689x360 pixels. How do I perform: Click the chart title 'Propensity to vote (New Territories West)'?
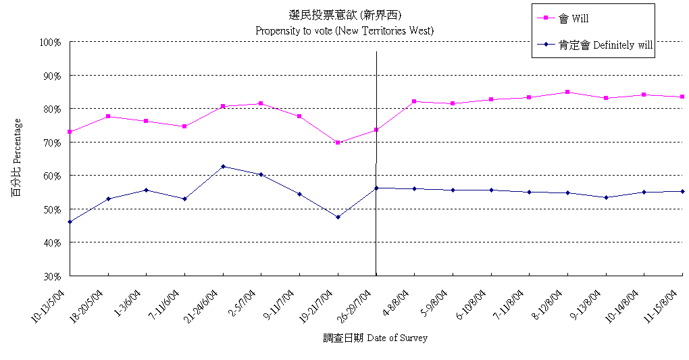pos(344,30)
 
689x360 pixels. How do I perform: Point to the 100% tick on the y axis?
pos(51,42)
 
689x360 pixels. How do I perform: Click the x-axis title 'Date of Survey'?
pos(375,338)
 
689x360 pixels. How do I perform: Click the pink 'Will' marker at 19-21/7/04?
pos(338,143)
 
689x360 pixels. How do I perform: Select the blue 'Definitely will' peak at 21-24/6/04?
pos(223,166)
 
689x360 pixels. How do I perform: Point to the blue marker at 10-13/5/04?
pos(70,222)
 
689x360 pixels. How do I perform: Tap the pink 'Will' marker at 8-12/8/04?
pos(567,92)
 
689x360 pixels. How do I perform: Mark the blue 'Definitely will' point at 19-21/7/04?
pos(338,217)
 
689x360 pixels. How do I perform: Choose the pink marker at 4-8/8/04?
pos(414,101)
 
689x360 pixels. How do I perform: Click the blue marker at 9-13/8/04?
pos(606,197)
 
